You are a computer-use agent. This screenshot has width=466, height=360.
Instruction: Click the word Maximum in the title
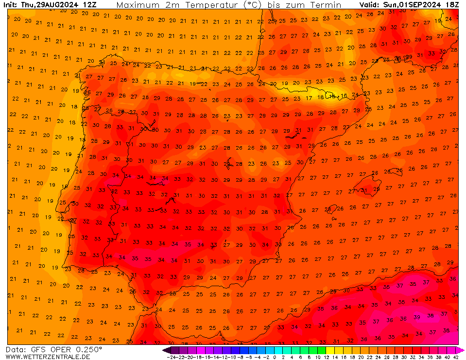(138, 5)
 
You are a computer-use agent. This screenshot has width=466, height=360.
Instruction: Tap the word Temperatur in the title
(215, 5)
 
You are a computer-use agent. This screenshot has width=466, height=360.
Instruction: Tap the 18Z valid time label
(452, 5)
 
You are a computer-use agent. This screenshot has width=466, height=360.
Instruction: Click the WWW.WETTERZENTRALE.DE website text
(48, 357)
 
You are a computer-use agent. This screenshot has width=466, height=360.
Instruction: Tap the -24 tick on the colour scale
(171, 357)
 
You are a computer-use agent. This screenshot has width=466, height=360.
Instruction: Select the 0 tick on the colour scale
(275, 357)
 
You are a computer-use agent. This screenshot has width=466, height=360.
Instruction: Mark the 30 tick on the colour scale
(403, 357)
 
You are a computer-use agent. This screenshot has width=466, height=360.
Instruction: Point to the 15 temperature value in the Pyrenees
(332, 96)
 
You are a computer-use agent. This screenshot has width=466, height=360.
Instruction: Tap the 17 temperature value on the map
(309, 98)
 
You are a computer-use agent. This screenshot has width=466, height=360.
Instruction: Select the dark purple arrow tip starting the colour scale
(165, 350)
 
